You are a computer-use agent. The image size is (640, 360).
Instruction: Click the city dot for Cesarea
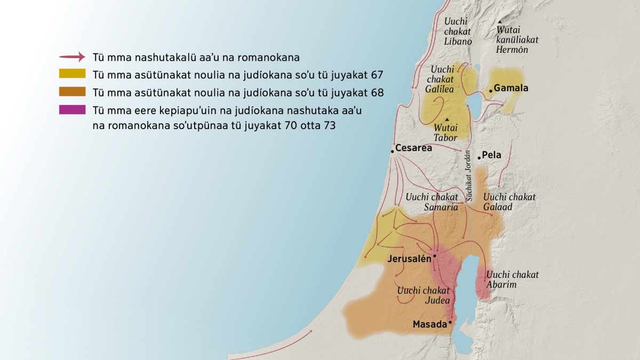click(392, 151)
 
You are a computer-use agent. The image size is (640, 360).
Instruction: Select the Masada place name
click(429, 324)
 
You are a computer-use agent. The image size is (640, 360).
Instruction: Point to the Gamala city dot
click(491, 91)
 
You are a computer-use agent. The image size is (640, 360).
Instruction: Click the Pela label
click(492, 156)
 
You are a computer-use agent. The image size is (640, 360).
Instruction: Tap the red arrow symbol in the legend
click(72, 57)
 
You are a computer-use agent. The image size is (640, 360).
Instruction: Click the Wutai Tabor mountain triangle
click(447, 119)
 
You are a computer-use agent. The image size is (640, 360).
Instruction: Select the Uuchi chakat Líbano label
click(458, 31)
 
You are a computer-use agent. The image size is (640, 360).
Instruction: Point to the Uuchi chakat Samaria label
click(432, 202)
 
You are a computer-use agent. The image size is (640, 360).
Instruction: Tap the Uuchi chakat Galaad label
click(509, 202)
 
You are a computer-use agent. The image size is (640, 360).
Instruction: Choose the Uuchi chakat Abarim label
click(512, 279)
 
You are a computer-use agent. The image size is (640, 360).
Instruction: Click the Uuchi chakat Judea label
click(423, 295)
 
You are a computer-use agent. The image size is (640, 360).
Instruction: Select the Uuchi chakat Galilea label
click(440, 79)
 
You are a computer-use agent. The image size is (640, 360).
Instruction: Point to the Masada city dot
click(451, 322)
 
